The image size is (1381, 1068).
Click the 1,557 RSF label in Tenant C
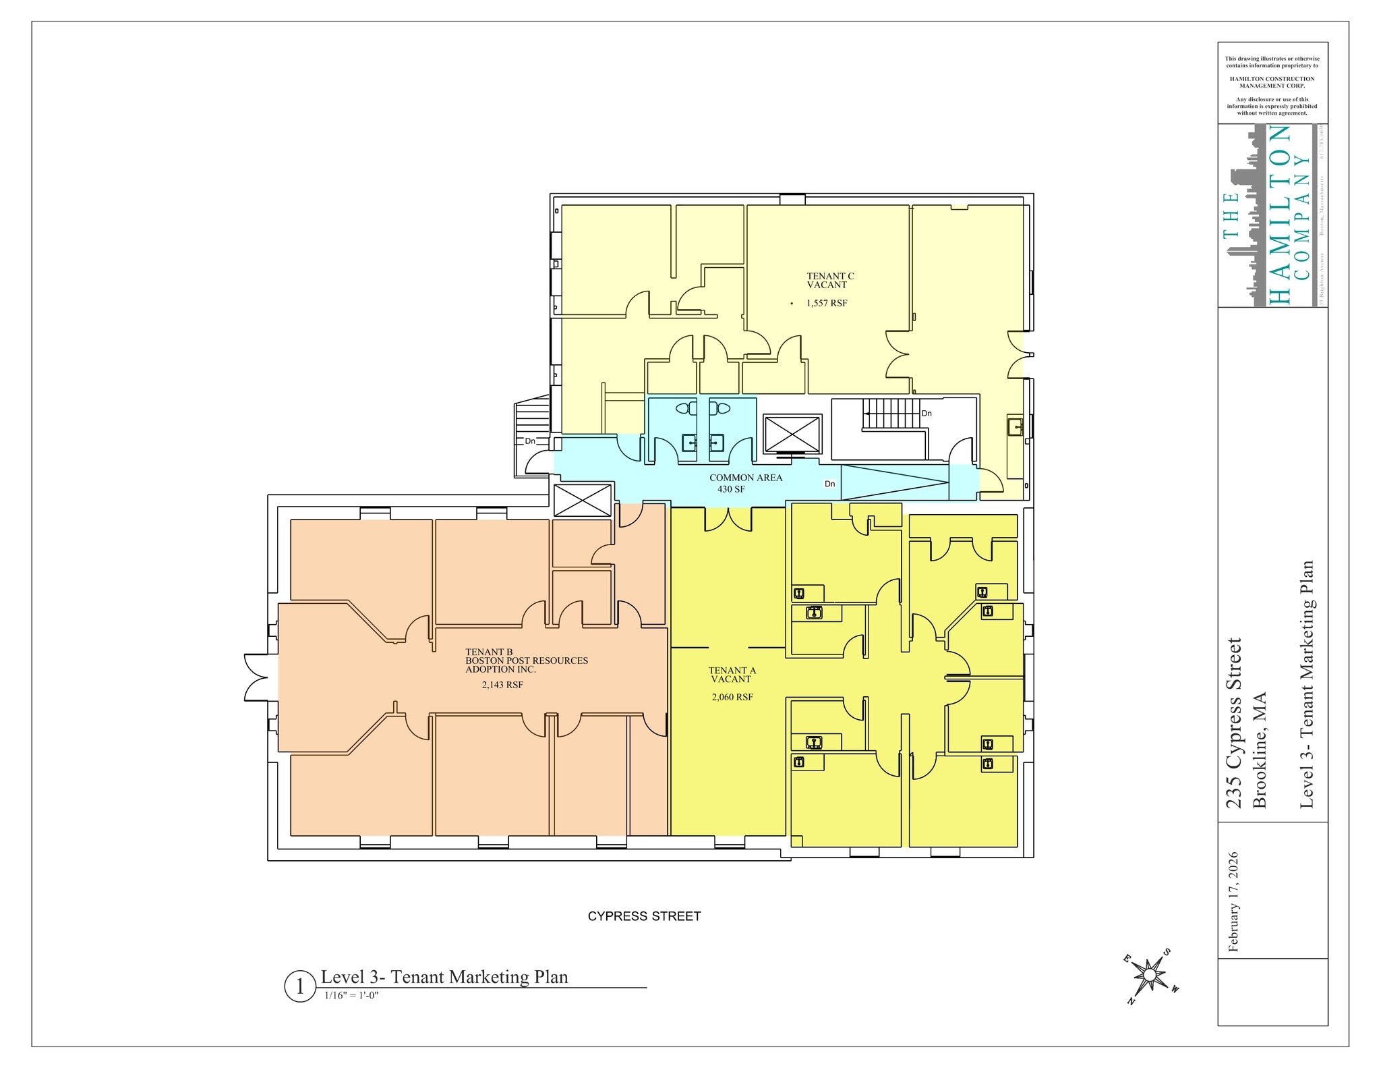point(827,304)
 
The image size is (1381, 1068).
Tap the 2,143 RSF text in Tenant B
point(502,685)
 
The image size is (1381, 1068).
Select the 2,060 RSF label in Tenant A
point(732,697)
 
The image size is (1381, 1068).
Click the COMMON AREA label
point(746,478)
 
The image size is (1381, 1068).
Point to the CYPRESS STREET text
point(644,916)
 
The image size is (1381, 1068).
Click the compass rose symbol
point(1150,975)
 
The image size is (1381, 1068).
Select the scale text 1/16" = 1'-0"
point(351,995)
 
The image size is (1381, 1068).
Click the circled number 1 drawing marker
point(299,986)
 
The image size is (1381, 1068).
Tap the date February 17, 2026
point(1234,901)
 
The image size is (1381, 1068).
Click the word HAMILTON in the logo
point(1280,215)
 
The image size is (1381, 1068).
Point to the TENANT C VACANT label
point(830,281)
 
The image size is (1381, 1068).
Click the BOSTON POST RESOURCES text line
point(527,661)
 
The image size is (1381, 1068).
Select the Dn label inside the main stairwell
point(927,414)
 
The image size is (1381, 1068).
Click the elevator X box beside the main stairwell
point(792,434)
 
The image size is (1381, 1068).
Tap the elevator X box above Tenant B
point(582,501)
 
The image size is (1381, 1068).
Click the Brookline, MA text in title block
point(1259,750)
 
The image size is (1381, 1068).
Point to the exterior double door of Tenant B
point(256,677)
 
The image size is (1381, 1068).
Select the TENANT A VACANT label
point(732,675)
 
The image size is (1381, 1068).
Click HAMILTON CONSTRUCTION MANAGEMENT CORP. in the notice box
point(1272,82)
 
